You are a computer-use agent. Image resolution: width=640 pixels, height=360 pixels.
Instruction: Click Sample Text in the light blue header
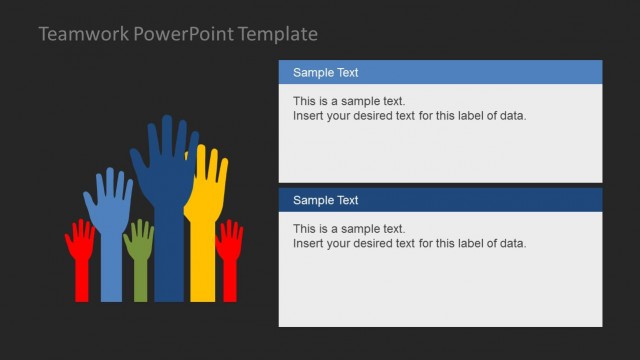[325, 72]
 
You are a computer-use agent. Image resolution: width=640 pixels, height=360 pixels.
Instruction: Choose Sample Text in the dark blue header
[325, 200]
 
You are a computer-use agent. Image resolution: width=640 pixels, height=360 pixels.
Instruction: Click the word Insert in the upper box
[308, 115]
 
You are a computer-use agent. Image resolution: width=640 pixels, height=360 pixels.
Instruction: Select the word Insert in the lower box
[308, 243]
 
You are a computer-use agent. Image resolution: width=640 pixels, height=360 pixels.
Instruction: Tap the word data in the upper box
[513, 115]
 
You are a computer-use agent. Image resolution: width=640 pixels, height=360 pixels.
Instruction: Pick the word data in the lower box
[513, 243]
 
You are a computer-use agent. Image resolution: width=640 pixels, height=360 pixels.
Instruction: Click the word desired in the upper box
[375, 115]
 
